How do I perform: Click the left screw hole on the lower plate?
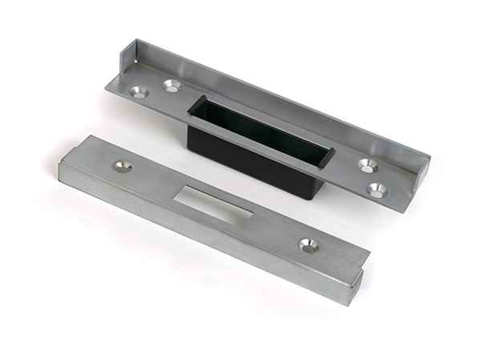(123, 166)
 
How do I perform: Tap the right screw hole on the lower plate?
(308, 245)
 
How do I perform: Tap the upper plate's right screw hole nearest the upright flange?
(367, 165)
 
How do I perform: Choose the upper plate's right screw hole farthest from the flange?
(376, 190)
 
